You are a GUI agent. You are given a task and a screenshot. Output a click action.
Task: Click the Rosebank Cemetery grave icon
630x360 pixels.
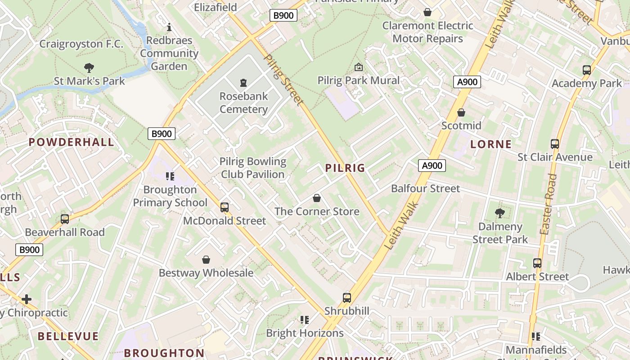(243, 82)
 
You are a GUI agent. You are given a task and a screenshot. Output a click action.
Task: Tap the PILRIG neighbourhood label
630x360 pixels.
(345, 168)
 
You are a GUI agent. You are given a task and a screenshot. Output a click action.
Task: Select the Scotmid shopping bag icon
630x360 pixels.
(461, 112)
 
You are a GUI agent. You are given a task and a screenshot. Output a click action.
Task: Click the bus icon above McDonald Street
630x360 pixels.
(225, 207)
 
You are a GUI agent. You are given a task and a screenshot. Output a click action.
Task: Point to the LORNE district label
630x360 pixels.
(491, 144)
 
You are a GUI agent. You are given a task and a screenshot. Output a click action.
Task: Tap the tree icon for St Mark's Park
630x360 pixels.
(89, 68)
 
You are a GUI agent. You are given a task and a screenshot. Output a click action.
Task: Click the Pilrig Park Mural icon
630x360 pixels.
(359, 67)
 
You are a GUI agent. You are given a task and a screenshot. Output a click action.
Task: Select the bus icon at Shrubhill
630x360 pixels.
(346, 297)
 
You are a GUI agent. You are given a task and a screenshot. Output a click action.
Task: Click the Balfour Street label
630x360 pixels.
(425, 189)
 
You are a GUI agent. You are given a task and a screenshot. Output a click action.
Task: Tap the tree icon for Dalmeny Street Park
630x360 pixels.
(499, 213)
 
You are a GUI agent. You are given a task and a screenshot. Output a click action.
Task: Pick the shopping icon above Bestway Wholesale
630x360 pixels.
(206, 260)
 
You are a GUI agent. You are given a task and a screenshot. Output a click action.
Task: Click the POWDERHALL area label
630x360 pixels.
(71, 143)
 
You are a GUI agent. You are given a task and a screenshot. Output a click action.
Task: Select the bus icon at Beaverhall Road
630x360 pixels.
(65, 219)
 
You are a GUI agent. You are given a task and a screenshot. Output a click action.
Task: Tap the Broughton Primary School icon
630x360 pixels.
(170, 176)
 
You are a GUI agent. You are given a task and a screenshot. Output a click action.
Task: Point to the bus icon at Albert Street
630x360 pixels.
(537, 263)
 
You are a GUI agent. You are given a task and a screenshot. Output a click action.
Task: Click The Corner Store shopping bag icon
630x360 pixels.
(317, 198)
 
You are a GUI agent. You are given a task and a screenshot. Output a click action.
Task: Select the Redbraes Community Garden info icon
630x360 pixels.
(169, 27)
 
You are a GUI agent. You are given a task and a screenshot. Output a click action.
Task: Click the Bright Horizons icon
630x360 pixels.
(305, 320)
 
